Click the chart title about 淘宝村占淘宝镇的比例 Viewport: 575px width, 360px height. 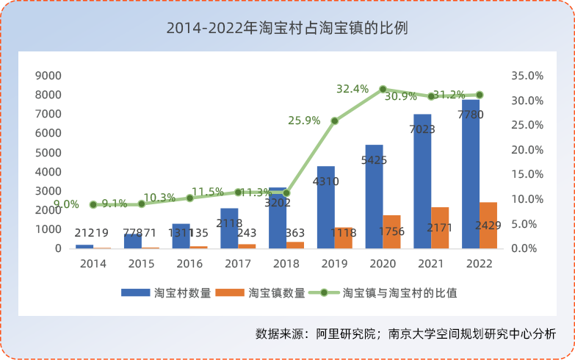(x=287, y=29)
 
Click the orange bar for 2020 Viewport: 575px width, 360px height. (x=392, y=231)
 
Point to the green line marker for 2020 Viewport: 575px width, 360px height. (x=383, y=89)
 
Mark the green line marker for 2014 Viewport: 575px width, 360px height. (x=93, y=205)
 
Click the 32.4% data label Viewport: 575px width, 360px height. (x=352, y=89)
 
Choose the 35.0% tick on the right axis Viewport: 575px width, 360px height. (x=526, y=75)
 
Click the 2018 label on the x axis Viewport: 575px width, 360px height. (x=286, y=262)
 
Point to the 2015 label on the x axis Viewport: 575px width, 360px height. (x=142, y=262)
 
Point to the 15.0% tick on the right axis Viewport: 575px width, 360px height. (x=526, y=174)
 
